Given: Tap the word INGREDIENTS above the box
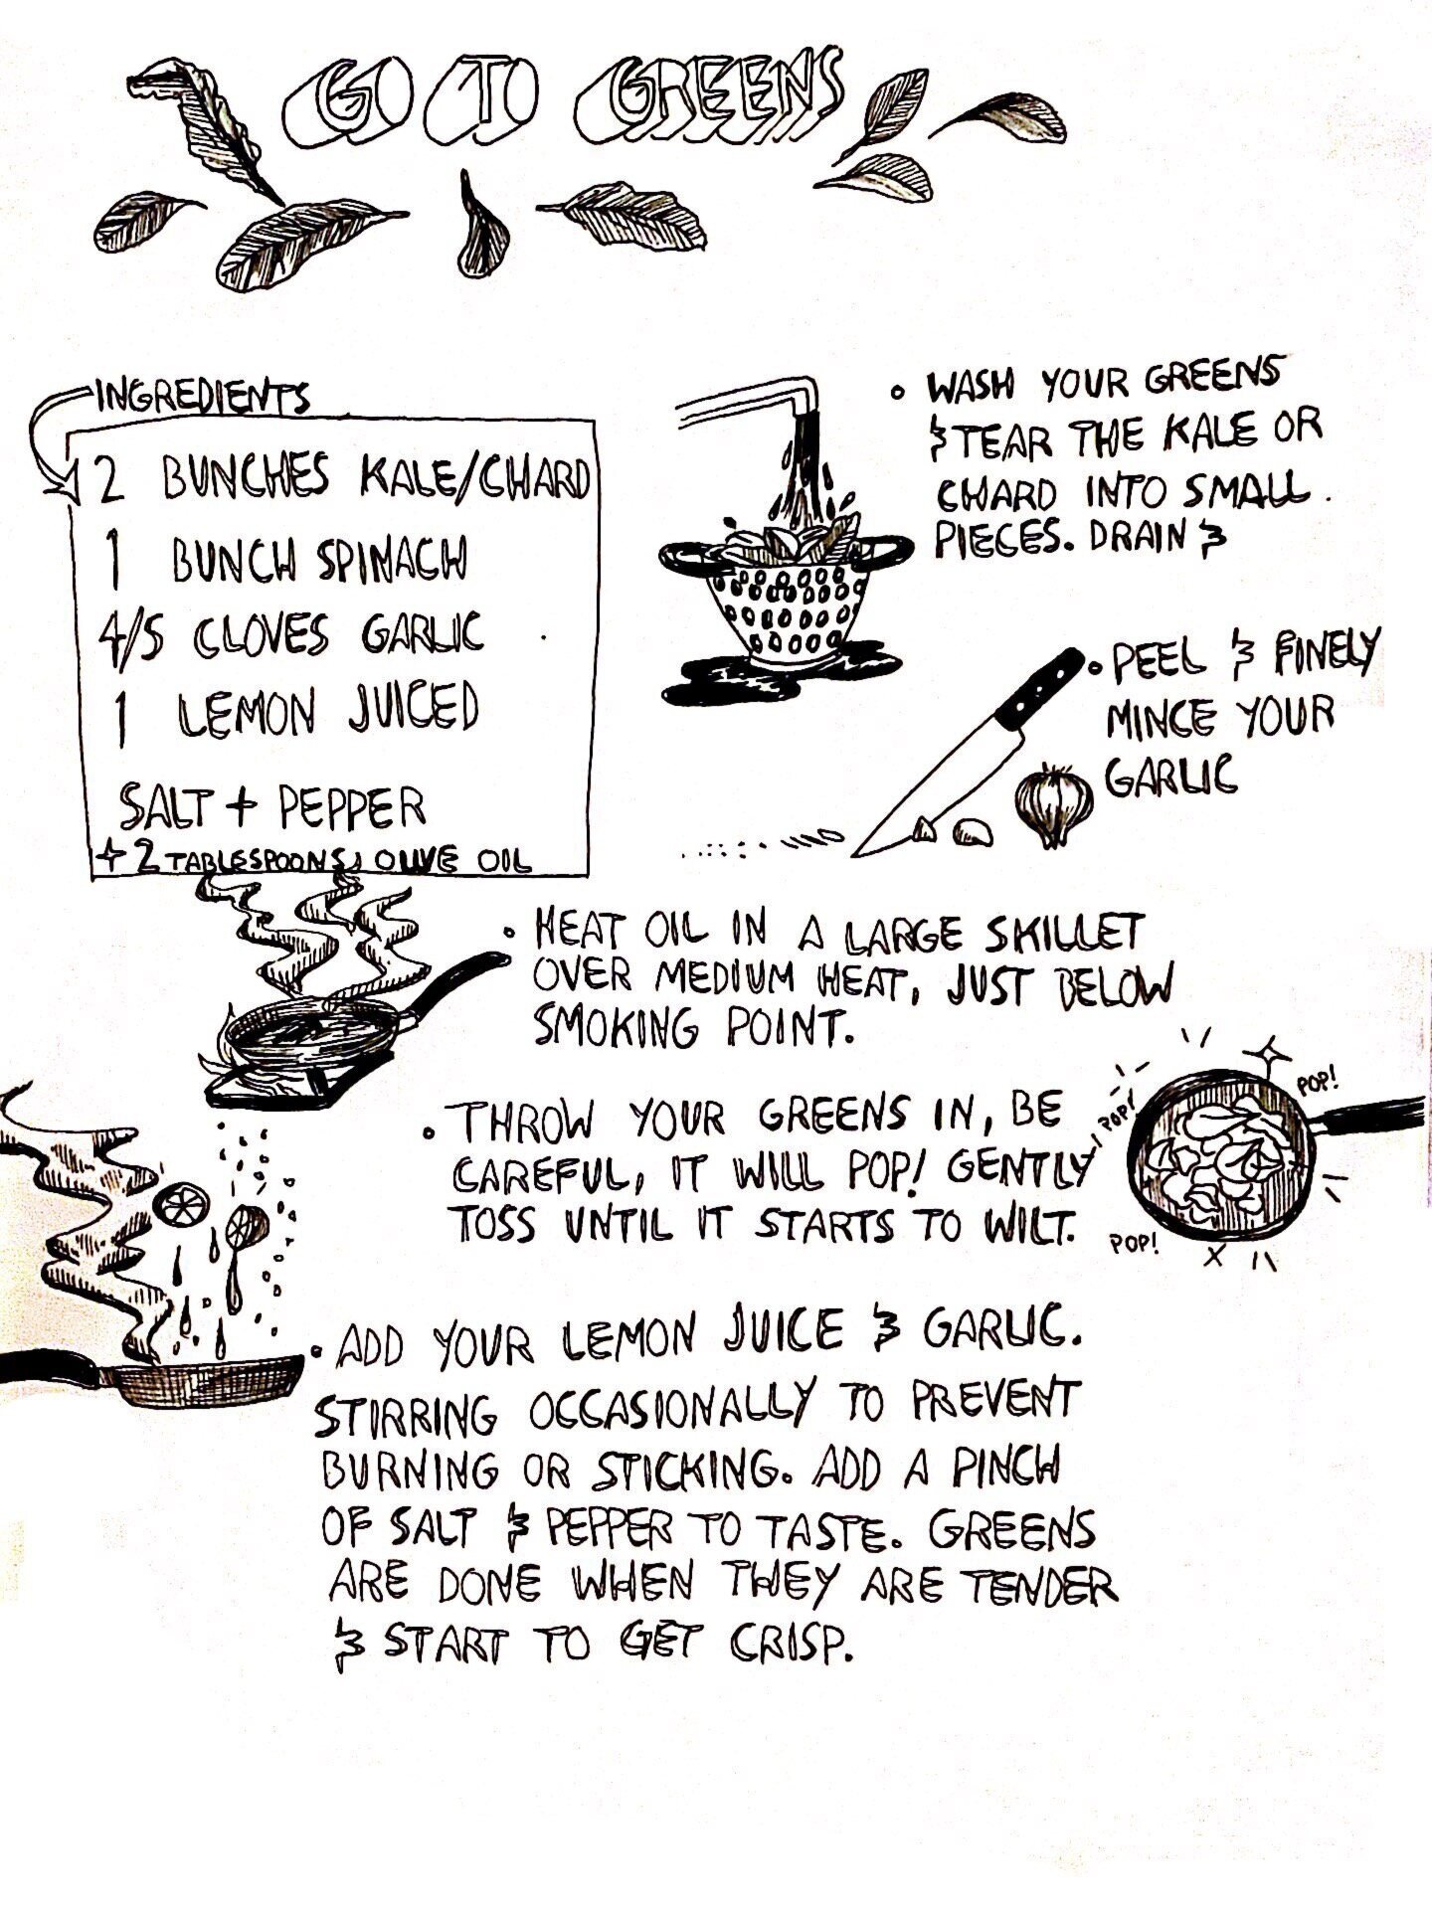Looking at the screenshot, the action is tap(203, 400).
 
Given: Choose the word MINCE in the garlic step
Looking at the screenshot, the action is tap(1161, 719).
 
